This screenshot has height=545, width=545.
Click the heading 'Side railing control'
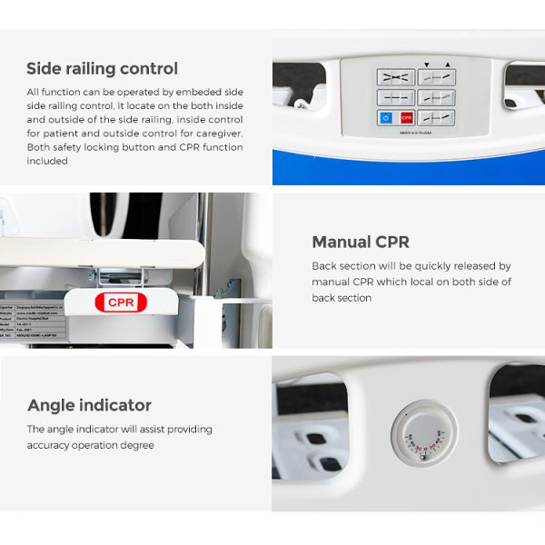coord(102,69)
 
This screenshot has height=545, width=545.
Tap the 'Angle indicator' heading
coord(89,405)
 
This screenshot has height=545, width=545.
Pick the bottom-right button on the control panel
coord(437,117)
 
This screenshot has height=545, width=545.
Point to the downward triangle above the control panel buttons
coord(426,64)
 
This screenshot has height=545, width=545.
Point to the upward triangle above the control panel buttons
coord(447,64)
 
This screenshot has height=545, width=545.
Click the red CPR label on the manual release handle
coord(121,302)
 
